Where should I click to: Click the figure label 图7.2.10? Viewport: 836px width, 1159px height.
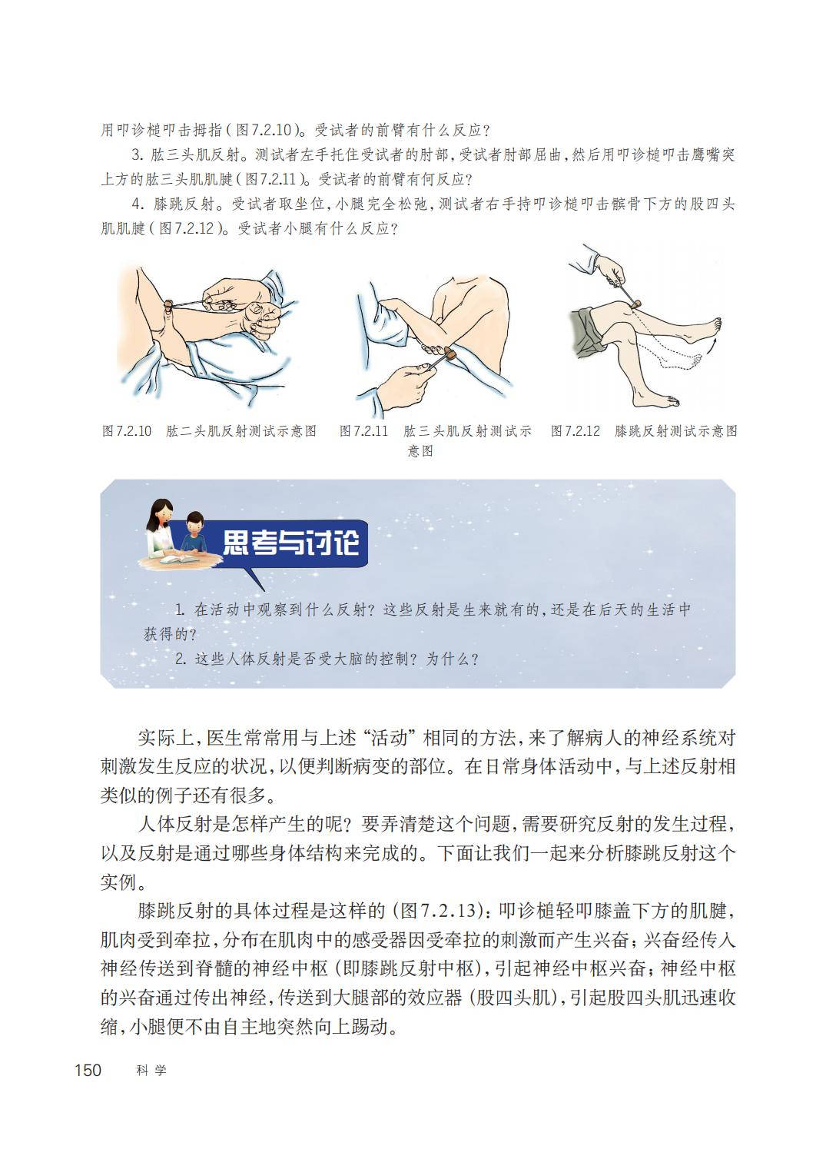[127, 431]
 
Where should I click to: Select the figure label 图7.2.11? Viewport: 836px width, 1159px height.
[363, 431]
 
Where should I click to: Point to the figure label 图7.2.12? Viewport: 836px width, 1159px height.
[576, 431]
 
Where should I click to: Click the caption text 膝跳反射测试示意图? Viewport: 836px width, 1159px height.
[675, 431]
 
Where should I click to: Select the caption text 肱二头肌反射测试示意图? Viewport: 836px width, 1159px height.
[241, 431]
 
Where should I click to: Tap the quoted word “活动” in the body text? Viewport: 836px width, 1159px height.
[389, 738]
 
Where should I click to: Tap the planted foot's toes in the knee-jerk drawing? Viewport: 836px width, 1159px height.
[671, 400]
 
